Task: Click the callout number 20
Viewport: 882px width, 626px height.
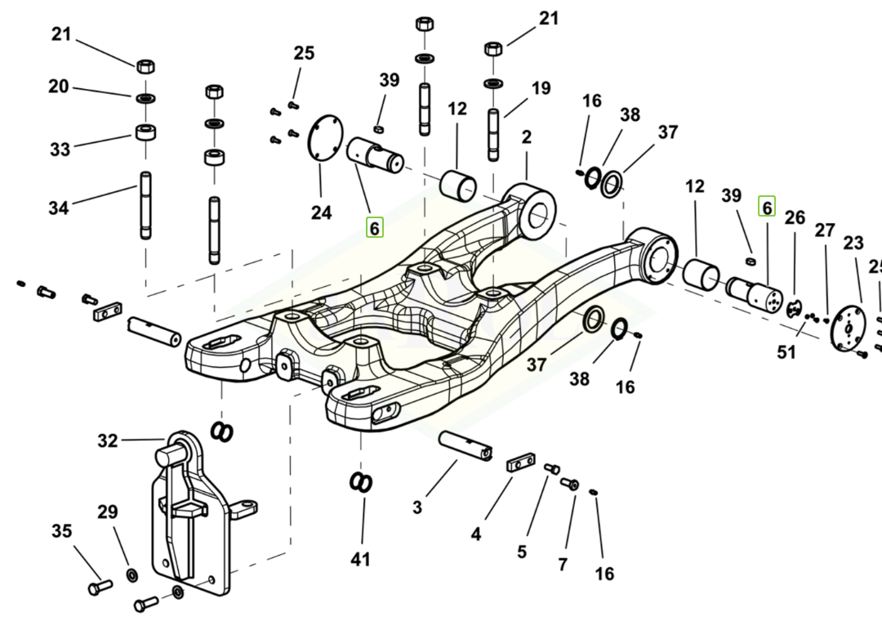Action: click(59, 87)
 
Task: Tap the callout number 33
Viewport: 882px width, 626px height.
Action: click(60, 150)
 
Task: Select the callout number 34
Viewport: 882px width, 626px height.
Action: click(59, 208)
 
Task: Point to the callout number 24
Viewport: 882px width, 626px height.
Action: click(321, 212)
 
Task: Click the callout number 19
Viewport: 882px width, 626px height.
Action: click(541, 88)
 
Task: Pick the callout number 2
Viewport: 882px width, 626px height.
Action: click(527, 137)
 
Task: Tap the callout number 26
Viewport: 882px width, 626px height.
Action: click(795, 217)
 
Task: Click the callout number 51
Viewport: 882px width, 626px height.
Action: click(786, 352)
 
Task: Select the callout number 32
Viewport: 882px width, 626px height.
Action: click(108, 440)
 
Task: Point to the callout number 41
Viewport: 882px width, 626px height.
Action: click(361, 560)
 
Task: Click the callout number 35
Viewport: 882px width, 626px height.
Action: click(62, 531)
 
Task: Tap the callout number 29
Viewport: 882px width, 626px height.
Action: click(108, 512)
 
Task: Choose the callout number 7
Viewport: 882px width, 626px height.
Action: click(563, 565)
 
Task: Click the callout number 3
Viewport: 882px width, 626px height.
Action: click(416, 508)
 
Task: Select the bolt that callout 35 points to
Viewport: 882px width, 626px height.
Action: click(100, 587)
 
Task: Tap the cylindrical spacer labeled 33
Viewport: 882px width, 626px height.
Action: click(145, 132)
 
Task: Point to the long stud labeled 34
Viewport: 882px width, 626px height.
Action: click(145, 205)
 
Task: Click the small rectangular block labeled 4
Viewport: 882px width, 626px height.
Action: click(521, 463)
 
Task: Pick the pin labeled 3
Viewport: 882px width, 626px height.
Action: click(465, 445)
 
